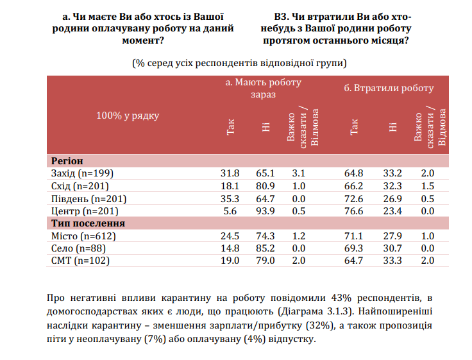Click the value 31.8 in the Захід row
pyautogui.click(x=230, y=173)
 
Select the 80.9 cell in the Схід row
pyautogui.click(x=265, y=186)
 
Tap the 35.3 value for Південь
pyautogui.click(x=230, y=199)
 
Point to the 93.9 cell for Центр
pyautogui.click(x=265, y=211)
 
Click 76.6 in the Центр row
pyautogui.click(x=354, y=211)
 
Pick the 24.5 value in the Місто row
pyautogui.click(x=230, y=236)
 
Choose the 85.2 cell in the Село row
pyautogui.click(x=265, y=248)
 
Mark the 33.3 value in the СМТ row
pyautogui.click(x=392, y=261)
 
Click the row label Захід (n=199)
pyautogui.click(x=82, y=173)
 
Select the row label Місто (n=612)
pyautogui.click(x=83, y=236)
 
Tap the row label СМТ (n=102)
pyautogui.click(x=80, y=261)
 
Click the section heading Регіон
pyautogui.click(x=67, y=161)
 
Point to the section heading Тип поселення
pyautogui.click(x=88, y=223)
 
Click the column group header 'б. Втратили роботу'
pyautogui.click(x=389, y=88)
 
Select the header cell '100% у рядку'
pyautogui.click(x=128, y=116)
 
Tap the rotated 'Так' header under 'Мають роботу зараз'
pyautogui.click(x=230, y=127)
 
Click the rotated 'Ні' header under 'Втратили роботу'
pyautogui.click(x=393, y=127)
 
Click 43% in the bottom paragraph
pyautogui.click(x=341, y=298)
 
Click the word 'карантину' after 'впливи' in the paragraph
pyautogui.click(x=186, y=298)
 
